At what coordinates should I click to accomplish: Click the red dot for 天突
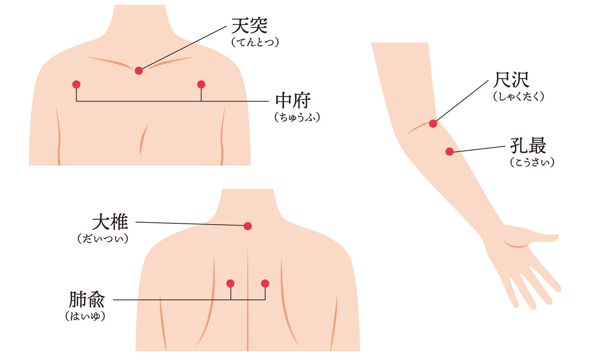tap(139, 71)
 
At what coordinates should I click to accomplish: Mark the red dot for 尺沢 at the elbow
tap(433, 123)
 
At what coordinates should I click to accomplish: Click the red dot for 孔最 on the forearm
tap(450, 152)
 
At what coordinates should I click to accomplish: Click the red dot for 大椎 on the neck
tap(248, 226)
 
